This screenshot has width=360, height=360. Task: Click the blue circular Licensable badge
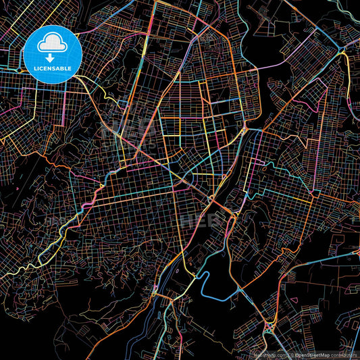coord(53,54)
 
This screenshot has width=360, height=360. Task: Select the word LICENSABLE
coord(53,68)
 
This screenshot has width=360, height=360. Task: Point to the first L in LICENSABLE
coord(31,68)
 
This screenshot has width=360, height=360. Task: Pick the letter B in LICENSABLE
coord(63,68)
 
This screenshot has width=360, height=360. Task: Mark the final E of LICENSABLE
coord(74,68)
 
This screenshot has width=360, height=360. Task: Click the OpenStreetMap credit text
coord(311,355)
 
